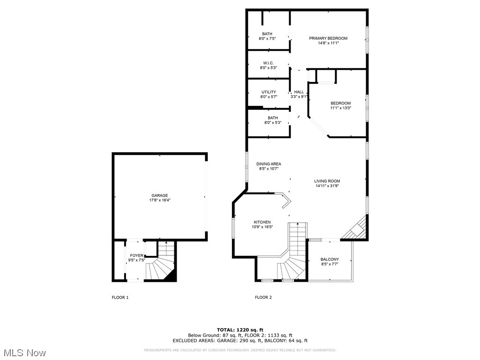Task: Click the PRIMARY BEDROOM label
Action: tap(328, 38)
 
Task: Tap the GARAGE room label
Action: tap(159, 195)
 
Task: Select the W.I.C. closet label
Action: tap(268, 63)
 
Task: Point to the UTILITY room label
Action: tap(269, 92)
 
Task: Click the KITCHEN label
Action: tap(262, 222)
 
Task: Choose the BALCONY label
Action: tap(330, 259)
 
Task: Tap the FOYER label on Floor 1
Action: tap(137, 255)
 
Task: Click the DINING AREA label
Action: tap(269, 164)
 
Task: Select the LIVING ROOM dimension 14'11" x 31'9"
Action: tap(328, 186)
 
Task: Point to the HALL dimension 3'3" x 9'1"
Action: tap(299, 97)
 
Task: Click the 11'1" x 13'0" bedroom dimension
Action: tap(340, 108)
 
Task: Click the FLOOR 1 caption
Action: tap(120, 297)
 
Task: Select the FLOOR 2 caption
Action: tap(263, 297)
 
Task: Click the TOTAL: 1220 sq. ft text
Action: tap(240, 330)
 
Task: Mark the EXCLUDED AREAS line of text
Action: tap(240, 341)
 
